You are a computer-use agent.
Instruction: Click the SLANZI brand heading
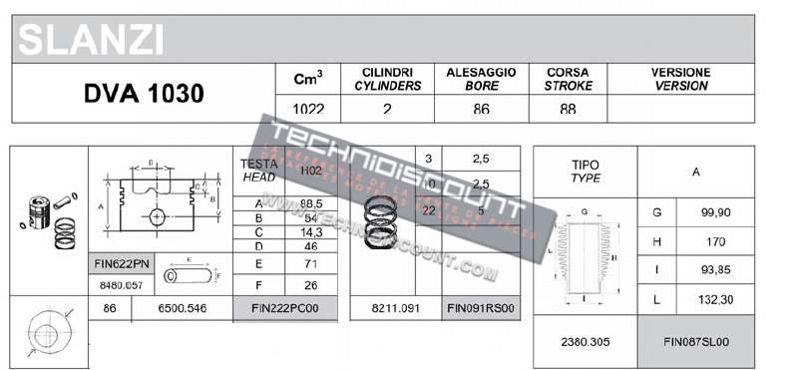[x=91, y=41]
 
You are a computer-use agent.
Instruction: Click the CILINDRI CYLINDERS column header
[x=388, y=80]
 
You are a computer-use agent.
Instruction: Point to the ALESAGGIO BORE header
[x=482, y=80]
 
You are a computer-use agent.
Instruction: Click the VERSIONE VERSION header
[x=681, y=80]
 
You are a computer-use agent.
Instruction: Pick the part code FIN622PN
[x=121, y=264]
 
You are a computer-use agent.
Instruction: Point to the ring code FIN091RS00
[x=481, y=309]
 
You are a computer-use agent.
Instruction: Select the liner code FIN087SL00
[x=696, y=342]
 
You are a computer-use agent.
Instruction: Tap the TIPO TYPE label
[x=586, y=171]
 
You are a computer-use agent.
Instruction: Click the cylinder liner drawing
[x=586, y=256]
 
